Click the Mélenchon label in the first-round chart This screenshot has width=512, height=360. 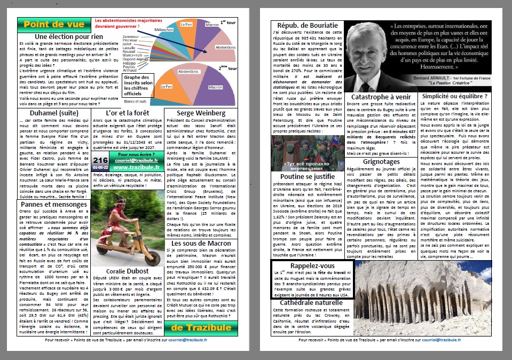coord(164,29)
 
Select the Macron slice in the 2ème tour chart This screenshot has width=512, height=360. coord(216,87)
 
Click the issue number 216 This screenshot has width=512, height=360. coord(100,159)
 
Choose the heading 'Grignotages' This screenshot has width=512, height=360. coord(381,161)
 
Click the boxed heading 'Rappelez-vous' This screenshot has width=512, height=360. coord(312,265)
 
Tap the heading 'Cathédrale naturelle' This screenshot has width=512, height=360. coord(312,302)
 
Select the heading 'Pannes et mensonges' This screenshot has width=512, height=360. coord(54,204)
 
